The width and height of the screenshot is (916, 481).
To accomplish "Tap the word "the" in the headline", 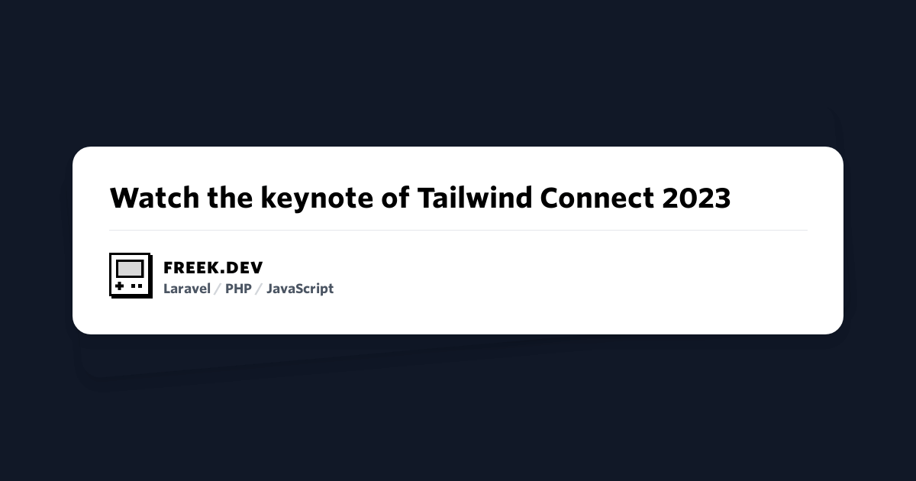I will [x=231, y=198].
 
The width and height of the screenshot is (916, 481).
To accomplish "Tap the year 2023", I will [x=696, y=198].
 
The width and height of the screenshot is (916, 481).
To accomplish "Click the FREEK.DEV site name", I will [x=213, y=268].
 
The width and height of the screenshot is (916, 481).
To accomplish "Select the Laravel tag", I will [x=187, y=289].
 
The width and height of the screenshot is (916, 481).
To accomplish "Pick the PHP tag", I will [x=238, y=289].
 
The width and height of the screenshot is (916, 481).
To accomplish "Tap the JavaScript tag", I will [x=300, y=289].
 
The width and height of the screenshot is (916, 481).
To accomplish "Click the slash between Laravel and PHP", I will [x=218, y=289].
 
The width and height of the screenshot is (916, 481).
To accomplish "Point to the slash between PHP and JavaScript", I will [x=259, y=289].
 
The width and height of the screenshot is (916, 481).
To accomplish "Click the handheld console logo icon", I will [x=131, y=275].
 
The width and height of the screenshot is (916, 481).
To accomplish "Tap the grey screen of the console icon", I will [x=130, y=269].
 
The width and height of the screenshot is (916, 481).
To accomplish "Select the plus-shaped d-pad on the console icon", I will [x=120, y=286].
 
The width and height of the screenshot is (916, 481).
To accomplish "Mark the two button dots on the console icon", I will [x=137, y=286].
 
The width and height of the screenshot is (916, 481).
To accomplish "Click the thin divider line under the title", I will [x=458, y=230].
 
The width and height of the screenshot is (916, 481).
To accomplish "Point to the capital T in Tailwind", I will [x=425, y=198].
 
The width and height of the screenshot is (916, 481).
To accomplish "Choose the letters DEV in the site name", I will [x=244, y=268].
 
